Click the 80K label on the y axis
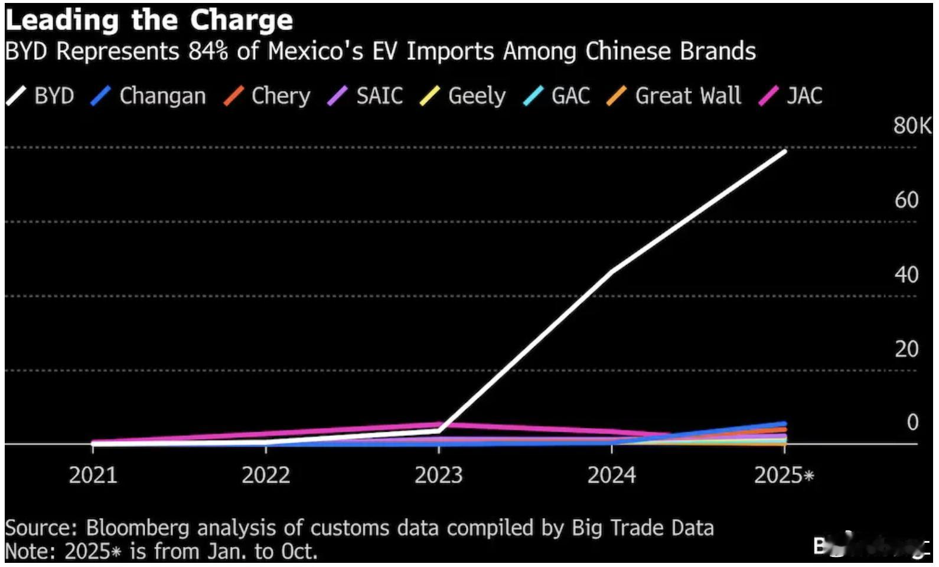[912, 126]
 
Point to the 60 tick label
[907, 200]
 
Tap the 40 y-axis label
[907, 275]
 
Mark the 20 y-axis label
[907, 349]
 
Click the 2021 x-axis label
[93, 475]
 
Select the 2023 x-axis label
[438, 475]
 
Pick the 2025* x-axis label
[784, 475]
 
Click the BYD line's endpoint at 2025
[785, 151]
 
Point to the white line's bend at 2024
[612, 272]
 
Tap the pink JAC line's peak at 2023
[439, 424]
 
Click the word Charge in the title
[242, 20]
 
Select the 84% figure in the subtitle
[208, 51]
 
